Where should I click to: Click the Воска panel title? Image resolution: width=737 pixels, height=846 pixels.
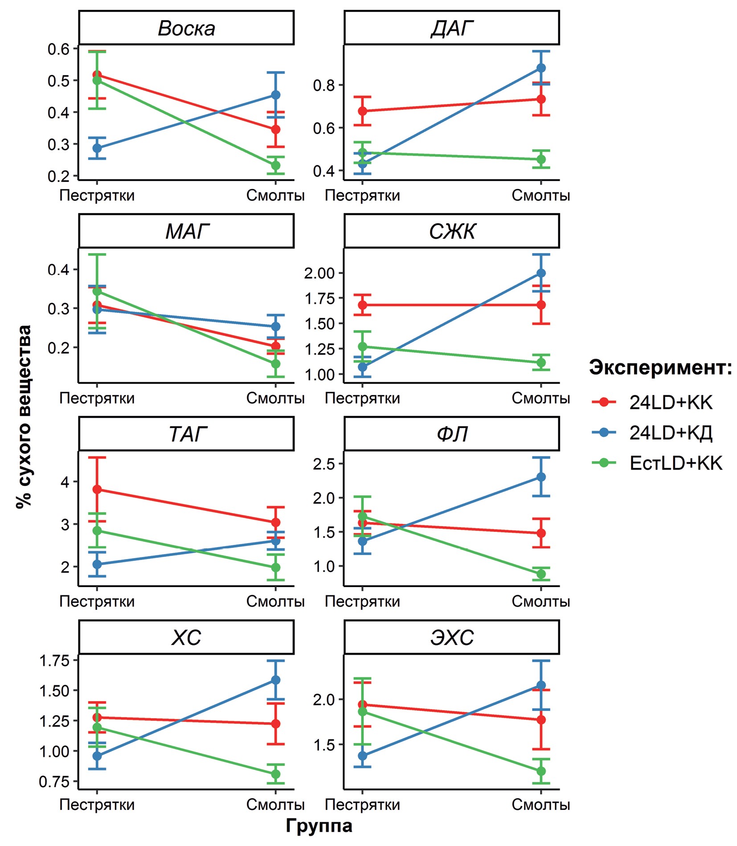[x=186, y=29]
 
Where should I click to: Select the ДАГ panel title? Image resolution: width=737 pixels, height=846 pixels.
[x=451, y=29]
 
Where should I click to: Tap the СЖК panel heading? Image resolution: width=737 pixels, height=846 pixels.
[x=451, y=231]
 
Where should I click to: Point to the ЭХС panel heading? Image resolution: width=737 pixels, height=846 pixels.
[x=451, y=638]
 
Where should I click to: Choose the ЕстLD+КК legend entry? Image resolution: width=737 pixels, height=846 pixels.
[x=675, y=463]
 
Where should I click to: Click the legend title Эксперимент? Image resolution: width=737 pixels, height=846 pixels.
[x=660, y=368]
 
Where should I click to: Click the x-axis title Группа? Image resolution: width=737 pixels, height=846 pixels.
[x=319, y=826]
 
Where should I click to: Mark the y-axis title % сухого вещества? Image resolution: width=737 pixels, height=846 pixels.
[x=24, y=417]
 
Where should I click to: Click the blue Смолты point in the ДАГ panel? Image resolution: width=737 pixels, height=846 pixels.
[x=541, y=68]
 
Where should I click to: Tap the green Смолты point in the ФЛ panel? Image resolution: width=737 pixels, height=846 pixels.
[x=541, y=574]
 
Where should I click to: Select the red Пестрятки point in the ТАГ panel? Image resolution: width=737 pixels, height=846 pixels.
[x=97, y=490]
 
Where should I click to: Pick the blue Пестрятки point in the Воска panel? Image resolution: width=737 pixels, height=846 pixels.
[x=97, y=148]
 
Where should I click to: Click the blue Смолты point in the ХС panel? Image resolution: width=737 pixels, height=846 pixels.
[x=276, y=680]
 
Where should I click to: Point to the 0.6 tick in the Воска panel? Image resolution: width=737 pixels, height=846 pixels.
[x=59, y=49]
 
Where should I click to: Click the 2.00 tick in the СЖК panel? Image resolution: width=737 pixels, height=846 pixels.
[x=319, y=274]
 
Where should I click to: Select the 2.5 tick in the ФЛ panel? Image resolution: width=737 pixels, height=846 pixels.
[x=323, y=464]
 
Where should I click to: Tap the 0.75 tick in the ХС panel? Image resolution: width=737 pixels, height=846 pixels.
[x=54, y=782]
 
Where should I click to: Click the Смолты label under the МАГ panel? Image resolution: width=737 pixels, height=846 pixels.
[x=275, y=398]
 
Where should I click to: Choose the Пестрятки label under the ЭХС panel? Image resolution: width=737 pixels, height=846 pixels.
[x=362, y=805]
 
